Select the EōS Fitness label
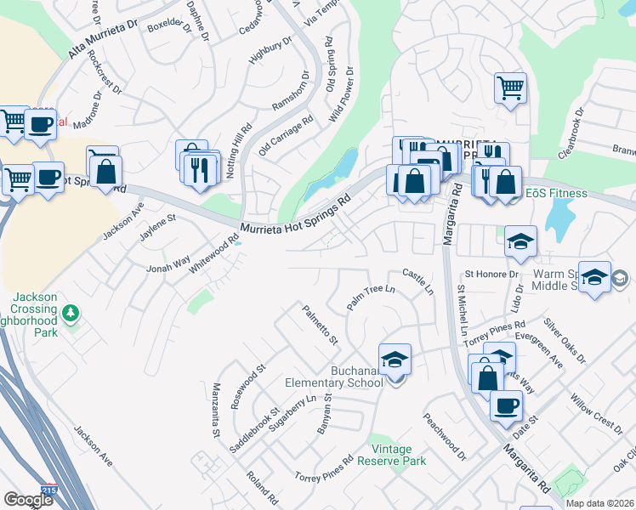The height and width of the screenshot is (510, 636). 556,193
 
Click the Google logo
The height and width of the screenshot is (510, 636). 28,500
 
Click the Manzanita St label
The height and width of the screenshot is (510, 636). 216,410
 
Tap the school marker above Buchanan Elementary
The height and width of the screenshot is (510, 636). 395,361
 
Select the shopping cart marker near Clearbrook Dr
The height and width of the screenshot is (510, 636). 510,88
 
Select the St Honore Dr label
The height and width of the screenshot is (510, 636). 491,275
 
